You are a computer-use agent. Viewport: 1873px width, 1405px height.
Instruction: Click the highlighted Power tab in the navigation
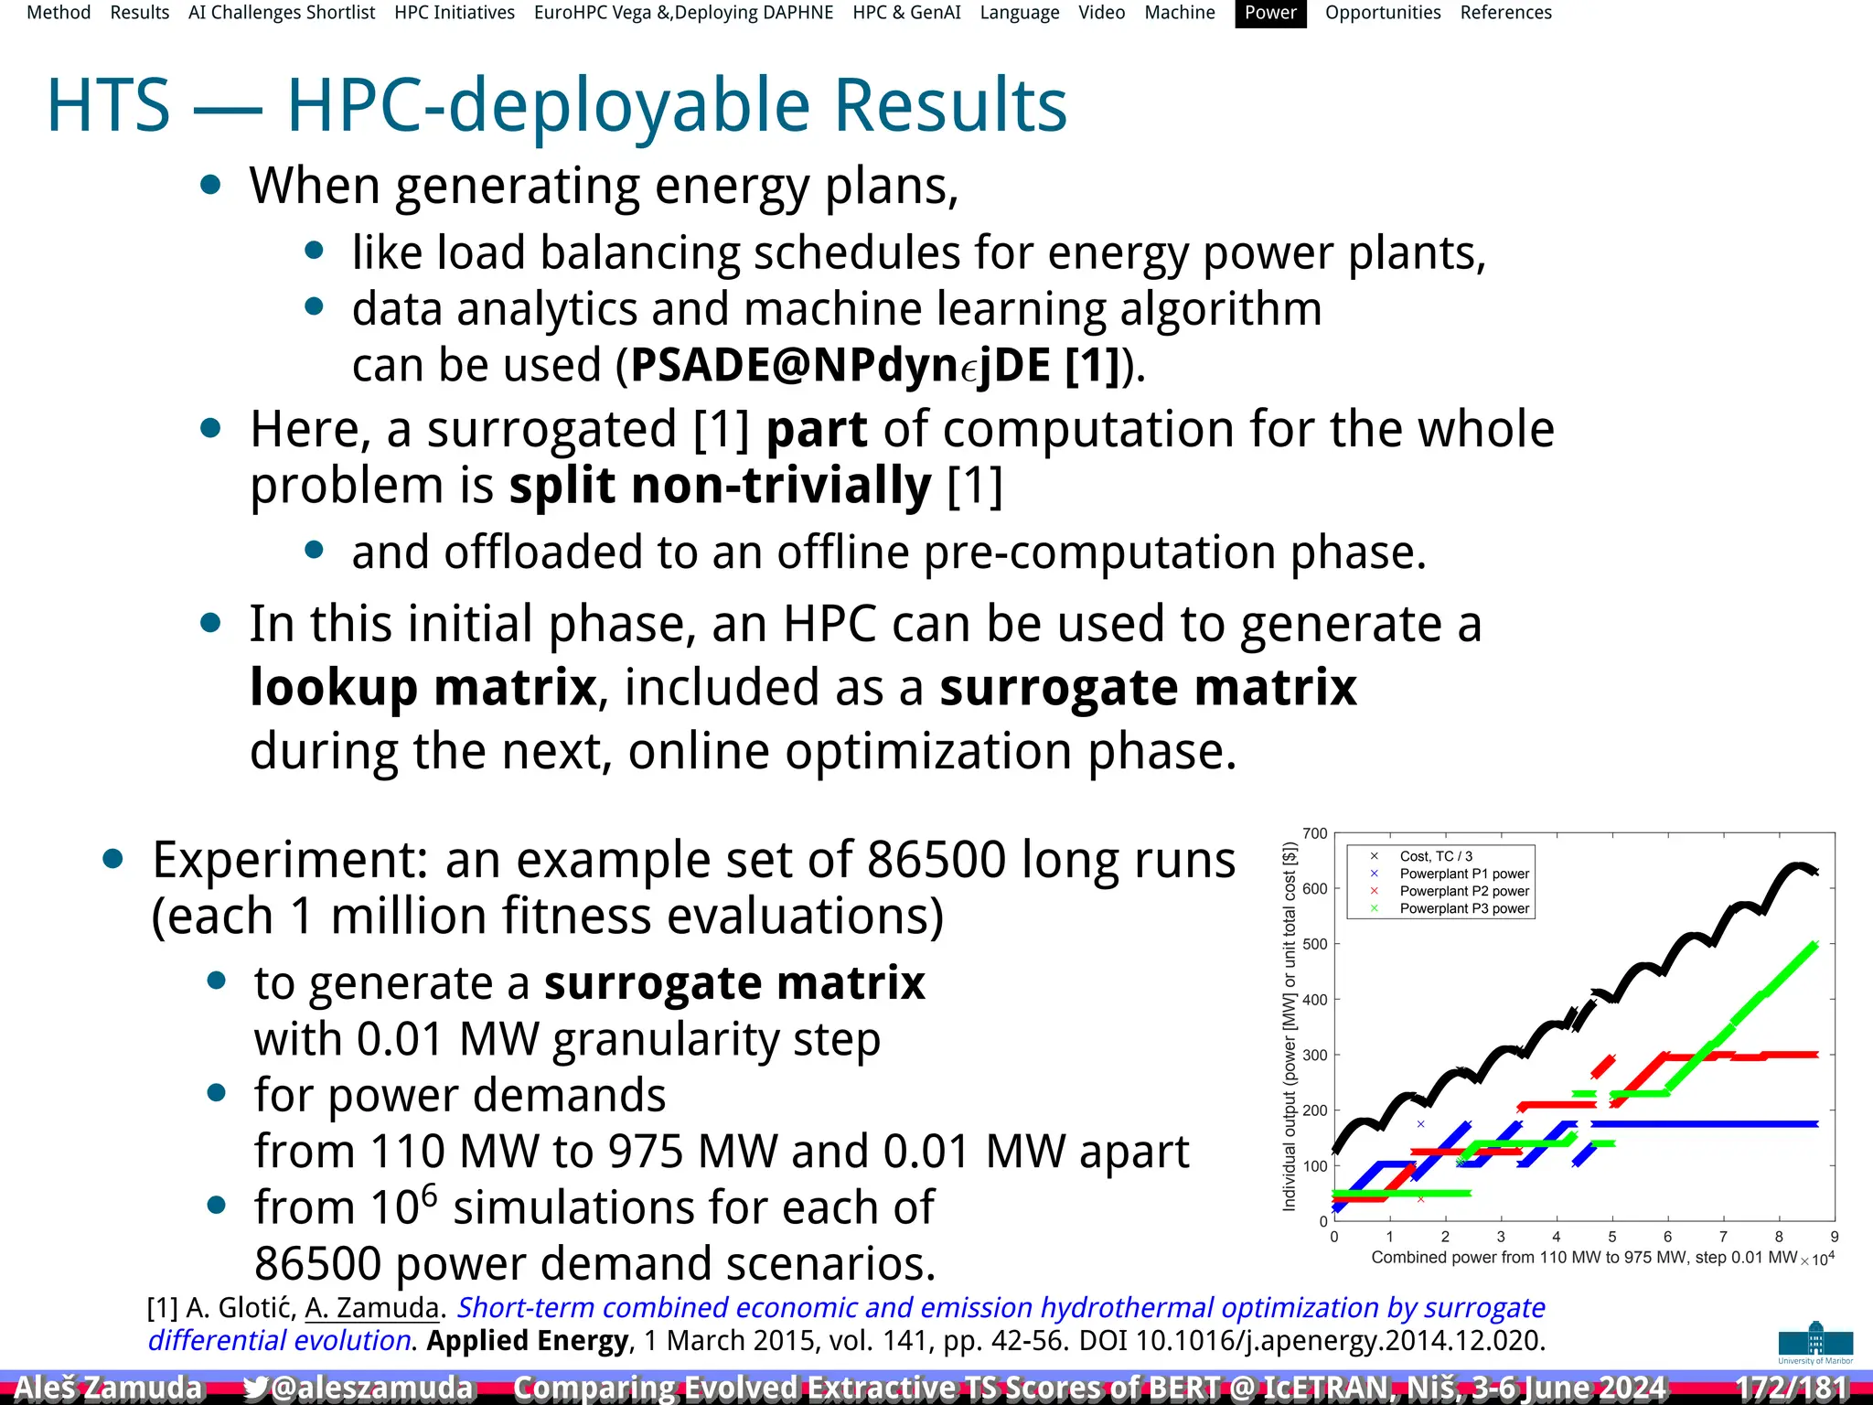pyautogui.click(x=1270, y=13)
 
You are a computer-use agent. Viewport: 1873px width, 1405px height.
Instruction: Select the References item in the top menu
pyautogui.click(x=1505, y=13)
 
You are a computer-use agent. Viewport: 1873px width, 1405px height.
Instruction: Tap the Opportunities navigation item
pyautogui.click(x=1382, y=13)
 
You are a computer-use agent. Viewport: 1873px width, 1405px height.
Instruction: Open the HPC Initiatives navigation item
pyautogui.click(x=455, y=13)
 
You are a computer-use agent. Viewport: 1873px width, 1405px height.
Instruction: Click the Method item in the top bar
pyautogui.click(x=59, y=13)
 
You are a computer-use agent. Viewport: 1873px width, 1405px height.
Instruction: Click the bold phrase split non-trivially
pyautogui.click(x=720, y=486)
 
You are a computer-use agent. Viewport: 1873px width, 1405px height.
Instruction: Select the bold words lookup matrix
pyautogui.click(x=423, y=688)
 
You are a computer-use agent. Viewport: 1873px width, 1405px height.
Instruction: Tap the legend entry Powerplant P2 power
pyautogui.click(x=1463, y=891)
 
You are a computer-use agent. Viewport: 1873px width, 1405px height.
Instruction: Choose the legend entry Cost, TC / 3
pyautogui.click(x=1436, y=856)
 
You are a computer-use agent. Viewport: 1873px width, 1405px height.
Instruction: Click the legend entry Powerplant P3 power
pyautogui.click(x=1463, y=908)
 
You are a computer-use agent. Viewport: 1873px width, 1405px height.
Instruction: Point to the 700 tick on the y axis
pyautogui.click(x=1315, y=833)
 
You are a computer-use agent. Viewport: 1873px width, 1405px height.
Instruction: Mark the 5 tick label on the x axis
pyautogui.click(x=1611, y=1237)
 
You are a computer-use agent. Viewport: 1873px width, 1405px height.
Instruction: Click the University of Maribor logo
pyautogui.click(x=1815, y=1343)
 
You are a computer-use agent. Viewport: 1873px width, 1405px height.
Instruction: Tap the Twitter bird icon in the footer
pyautogui.click(x=256, y=1388)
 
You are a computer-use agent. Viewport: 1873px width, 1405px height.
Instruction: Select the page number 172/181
pyautogui.click(x=1792, y=1388)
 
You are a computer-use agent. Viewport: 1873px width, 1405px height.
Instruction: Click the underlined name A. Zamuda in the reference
pyautogui.click(x=372, y=1308)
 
